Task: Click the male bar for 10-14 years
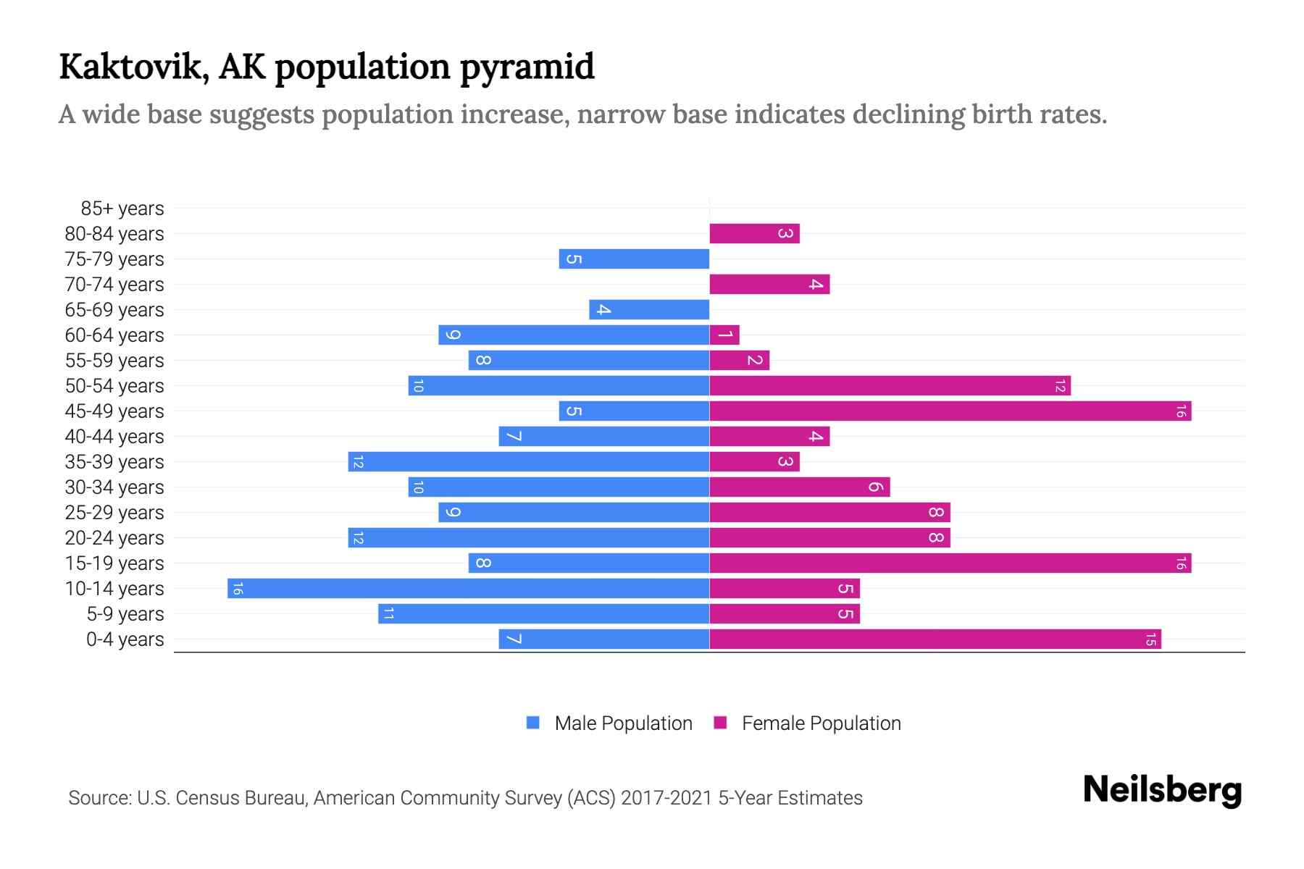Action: click(x=468, y=588)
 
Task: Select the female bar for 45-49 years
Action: click(x=950, y=411)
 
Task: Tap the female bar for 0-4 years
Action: click(x=935, y=639)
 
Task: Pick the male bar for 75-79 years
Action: click(x=634, y=259)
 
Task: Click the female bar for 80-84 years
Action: click(x=754, y=234)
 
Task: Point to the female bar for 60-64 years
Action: click(x=724, y=335)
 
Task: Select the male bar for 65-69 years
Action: click(x=649, y=310)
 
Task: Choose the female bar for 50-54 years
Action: click(x=890, y=386)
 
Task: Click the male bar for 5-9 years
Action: click(x=543, y=614)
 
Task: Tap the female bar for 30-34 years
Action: click(x=799, y=487)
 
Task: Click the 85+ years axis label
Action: click(x=122, y=209)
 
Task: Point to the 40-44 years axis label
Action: click(x=114, y=437)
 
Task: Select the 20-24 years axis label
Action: click(x=114, y=538)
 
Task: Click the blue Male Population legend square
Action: click(x=533, y=723)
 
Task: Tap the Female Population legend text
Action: click(x=821, y=723)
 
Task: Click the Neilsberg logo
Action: click(x=1162, y=790)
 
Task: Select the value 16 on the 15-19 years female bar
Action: click(x=1180, y=563)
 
